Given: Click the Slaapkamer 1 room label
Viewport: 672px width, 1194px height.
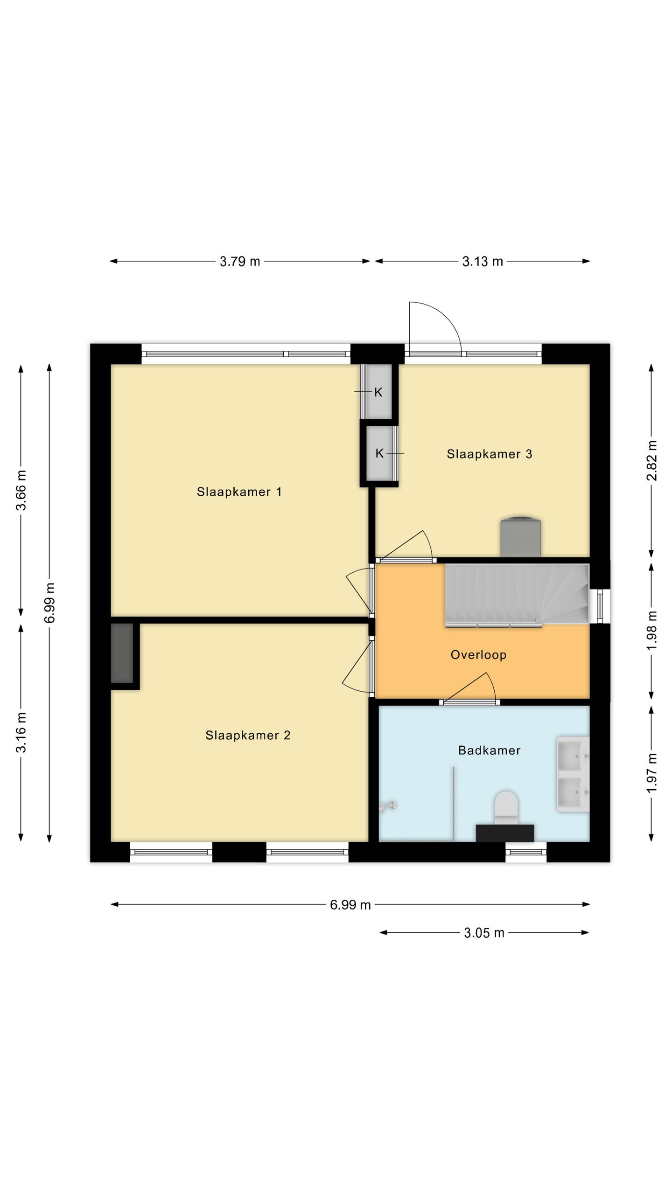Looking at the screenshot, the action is [239, 492].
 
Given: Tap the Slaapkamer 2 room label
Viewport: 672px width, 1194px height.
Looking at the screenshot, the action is [248, 735].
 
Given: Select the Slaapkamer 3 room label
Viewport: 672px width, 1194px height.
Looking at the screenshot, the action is [490, 454].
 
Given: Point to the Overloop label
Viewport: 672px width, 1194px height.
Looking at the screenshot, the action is [478, 655].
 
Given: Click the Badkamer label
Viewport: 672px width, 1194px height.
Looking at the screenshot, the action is [489, 750].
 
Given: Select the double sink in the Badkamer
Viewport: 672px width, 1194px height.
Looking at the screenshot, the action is [573, 774].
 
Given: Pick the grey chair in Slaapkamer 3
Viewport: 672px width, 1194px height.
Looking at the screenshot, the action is [521, 536].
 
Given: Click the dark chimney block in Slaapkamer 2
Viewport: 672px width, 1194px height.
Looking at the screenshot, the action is [122, 653].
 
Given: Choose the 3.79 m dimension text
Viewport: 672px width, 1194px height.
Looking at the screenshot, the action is [240, 261].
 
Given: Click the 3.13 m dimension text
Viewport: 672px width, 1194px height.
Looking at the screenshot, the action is [483, 261].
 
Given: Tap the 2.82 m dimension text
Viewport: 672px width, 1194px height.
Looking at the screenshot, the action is [652, 460].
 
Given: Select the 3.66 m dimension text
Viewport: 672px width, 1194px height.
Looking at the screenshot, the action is [21, 490].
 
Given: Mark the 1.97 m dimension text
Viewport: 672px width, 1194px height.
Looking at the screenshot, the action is [652, 772].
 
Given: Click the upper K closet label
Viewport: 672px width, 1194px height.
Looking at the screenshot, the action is [378, 392].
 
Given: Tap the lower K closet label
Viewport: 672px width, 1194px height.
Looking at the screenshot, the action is [379, 453].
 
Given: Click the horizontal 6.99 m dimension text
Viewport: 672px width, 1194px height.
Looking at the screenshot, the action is [350, 905].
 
